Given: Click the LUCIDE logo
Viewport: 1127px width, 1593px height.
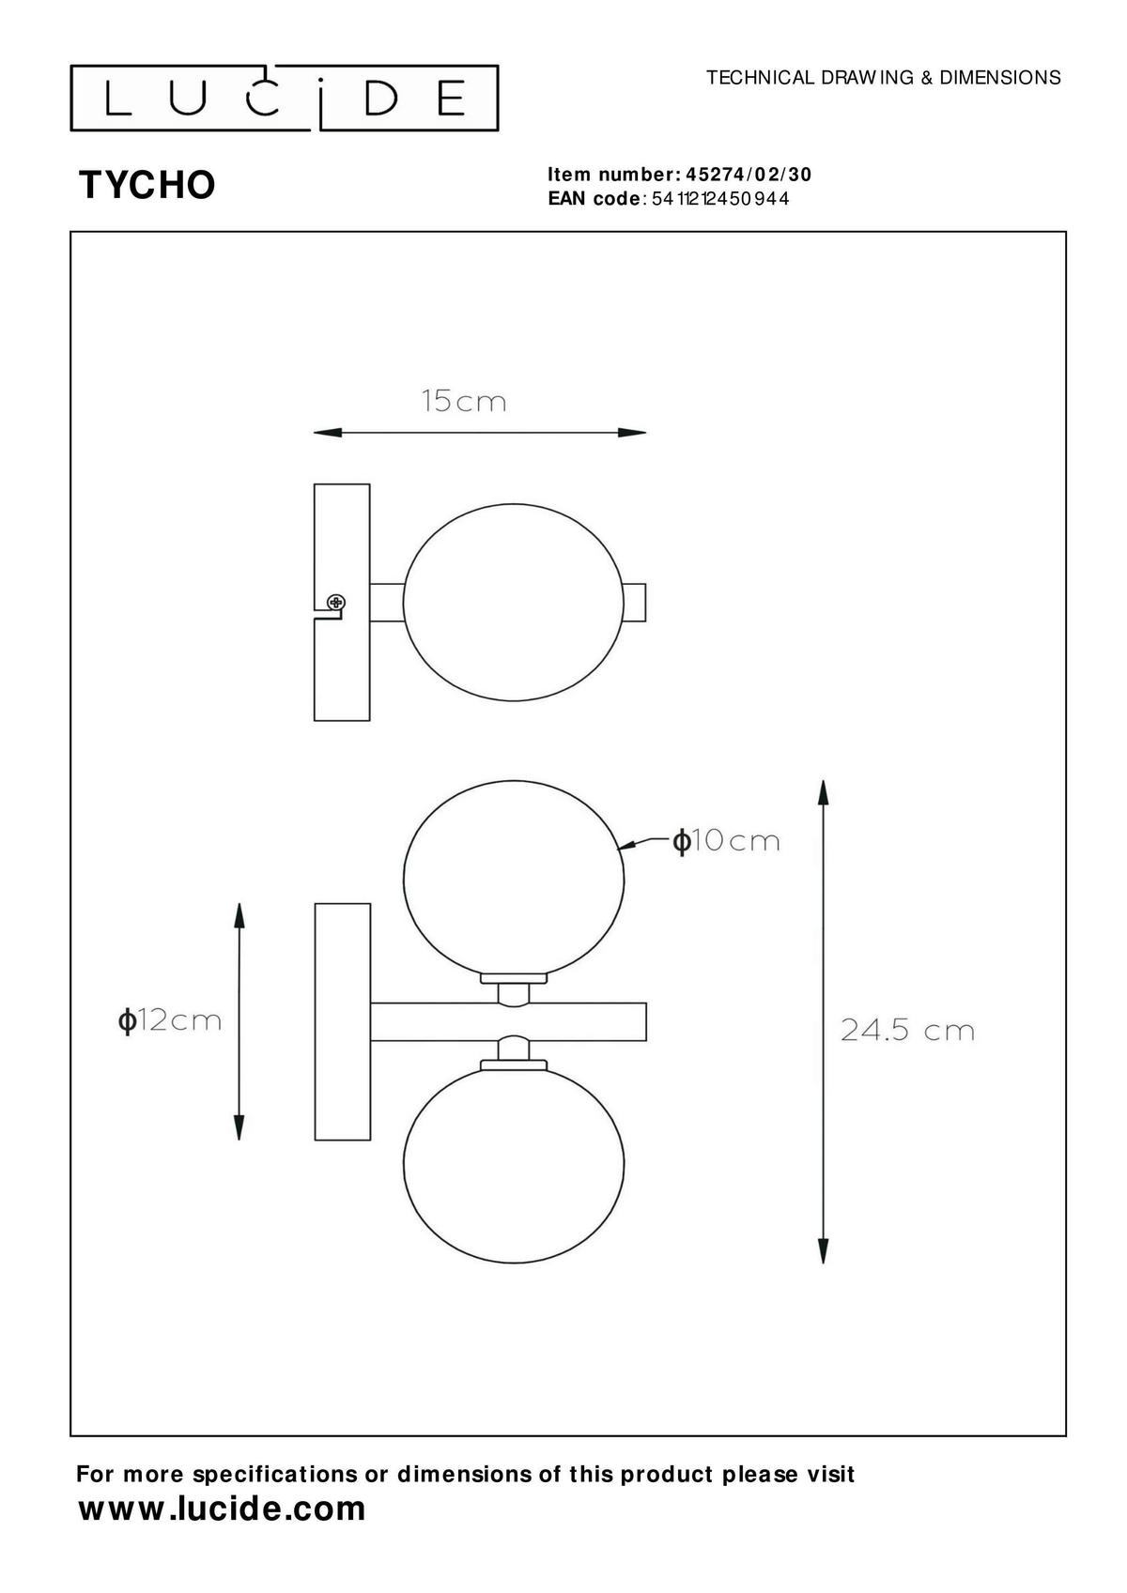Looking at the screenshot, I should pos(285,98).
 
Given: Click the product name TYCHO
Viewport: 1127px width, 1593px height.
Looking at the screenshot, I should pos(147,185).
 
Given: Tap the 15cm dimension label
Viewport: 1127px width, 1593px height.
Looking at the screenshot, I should pos(463,402).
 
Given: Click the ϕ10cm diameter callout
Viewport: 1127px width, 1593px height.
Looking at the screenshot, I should pos(726,841).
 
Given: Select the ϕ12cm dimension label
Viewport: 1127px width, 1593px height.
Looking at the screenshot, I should pos(170,1019).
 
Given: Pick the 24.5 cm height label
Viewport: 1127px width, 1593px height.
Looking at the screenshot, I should pos(906,1031).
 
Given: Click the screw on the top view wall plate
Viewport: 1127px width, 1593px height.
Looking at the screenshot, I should pos(335,602).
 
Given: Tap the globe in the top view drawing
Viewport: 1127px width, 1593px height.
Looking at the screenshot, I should pos(513,602).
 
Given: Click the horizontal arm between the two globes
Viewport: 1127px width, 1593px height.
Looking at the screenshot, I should pos(507,1021).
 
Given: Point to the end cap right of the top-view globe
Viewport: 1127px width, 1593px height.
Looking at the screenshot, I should pos(635,602).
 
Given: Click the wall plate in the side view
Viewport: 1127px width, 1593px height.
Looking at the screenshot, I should pos(342,1021).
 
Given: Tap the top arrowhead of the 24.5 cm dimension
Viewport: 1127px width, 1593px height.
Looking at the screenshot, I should pos(823,791).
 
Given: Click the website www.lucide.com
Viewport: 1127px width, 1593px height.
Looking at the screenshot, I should pos(222,1509).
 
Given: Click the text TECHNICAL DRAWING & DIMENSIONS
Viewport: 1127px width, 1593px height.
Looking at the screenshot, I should pos(883,78).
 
